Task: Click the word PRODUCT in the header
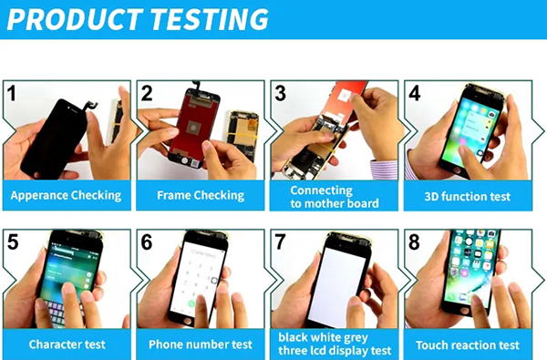[75, 19]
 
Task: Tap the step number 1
[12, 93]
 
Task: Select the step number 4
[414, 93]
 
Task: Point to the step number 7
[280, 242]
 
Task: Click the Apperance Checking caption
[66, 195]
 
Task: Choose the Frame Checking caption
[201, 195]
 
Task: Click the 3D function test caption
[468, 196]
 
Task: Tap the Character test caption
[67, 345]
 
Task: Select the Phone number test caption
[201, 345]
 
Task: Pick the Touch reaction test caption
[468, 345]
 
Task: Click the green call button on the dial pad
[191, 303]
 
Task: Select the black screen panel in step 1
[55, 137]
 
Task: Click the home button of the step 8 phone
[465, 310]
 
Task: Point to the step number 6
[147, 242]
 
